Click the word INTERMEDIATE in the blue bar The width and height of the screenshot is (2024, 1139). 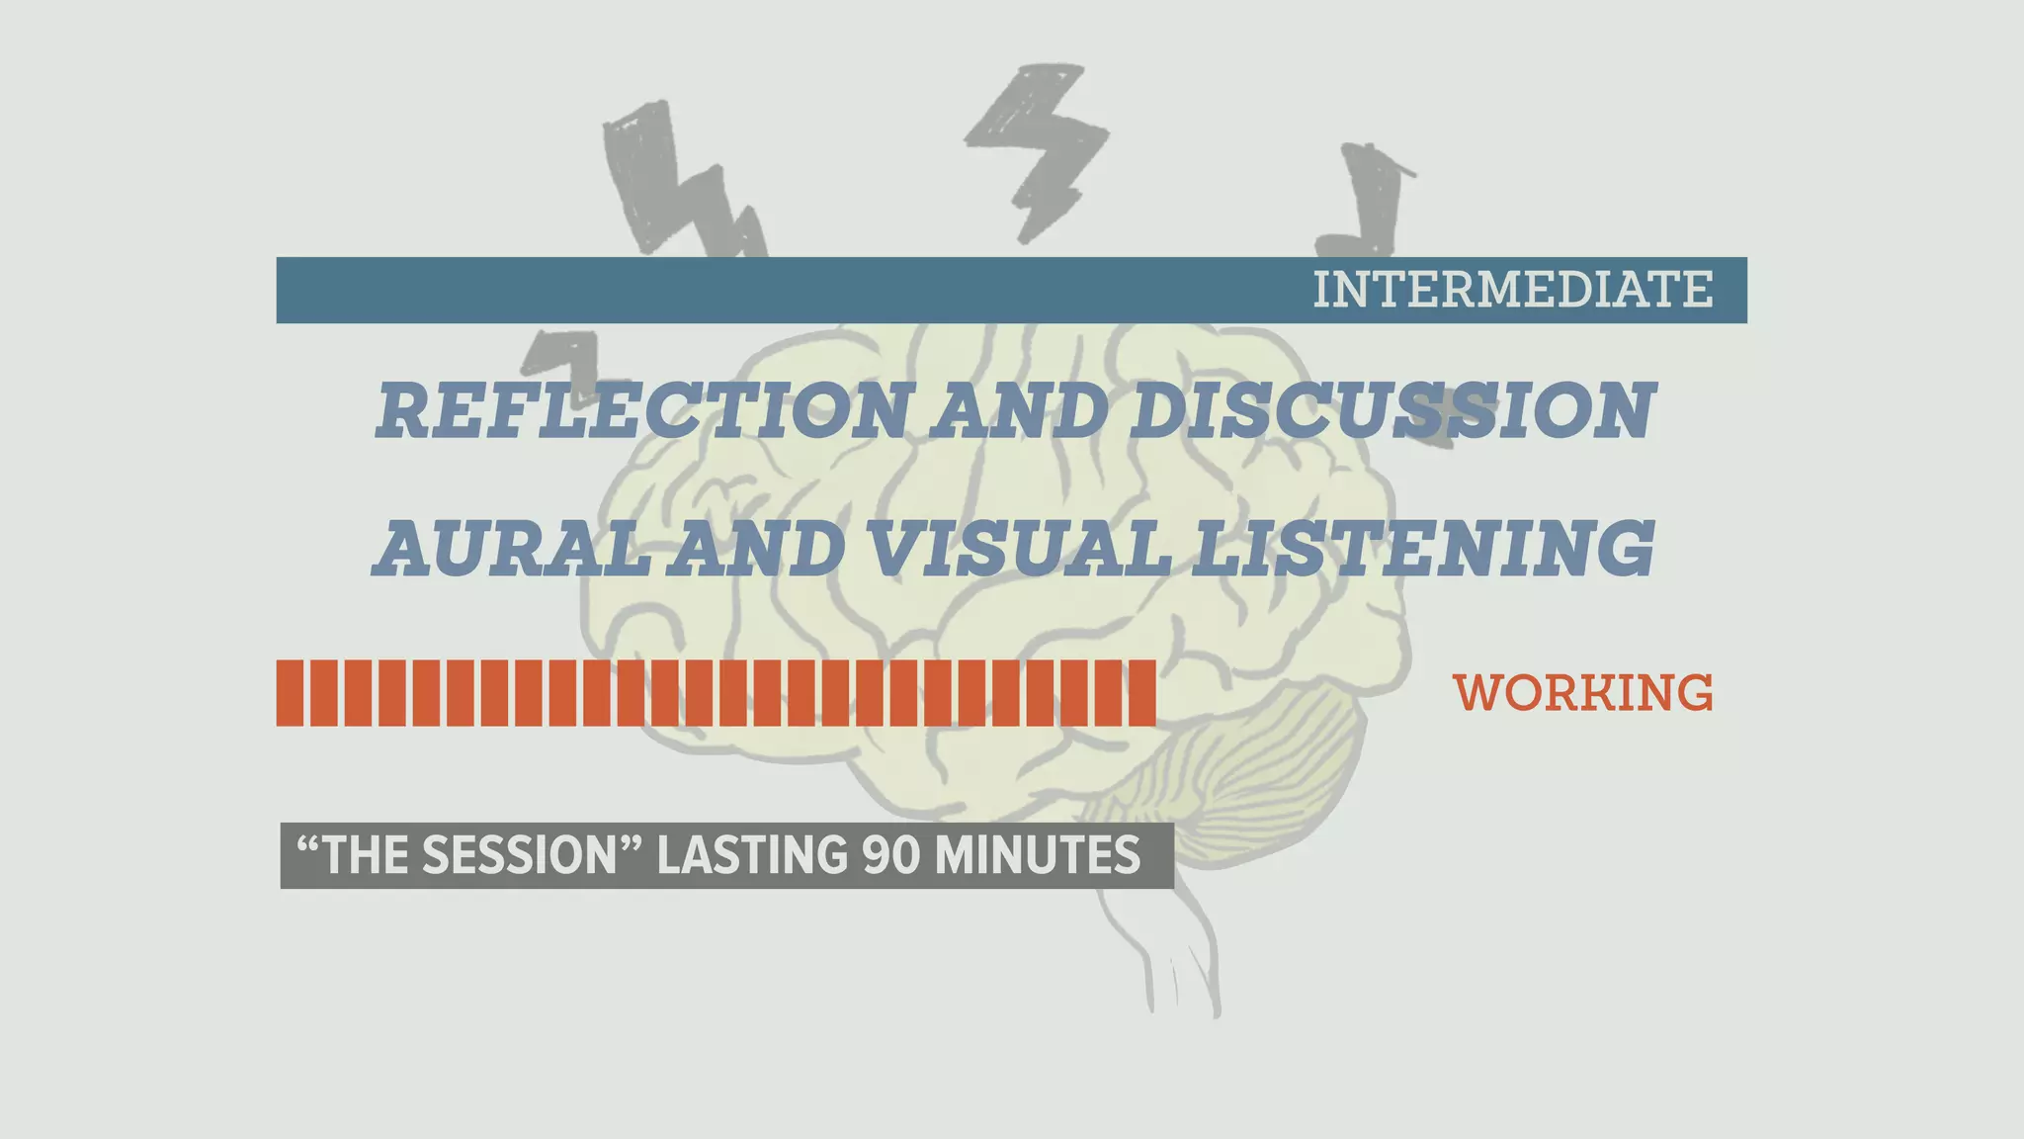pyautogui.click(x=1512, y=290)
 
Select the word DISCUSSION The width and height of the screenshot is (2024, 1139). pyautogui.click(x=1391, y=410)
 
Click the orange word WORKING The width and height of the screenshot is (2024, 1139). pyautogui.click(x=1583, y=693)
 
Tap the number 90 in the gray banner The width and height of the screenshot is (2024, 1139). pyautogui.click(x=892, y=856)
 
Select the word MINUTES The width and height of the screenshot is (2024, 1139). pyautogui.click(x=1037, y=856)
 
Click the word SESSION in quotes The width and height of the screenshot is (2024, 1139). pyautogui.click(x=519, y=856)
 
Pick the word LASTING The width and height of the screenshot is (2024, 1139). pyautogui.click(x=751, y=856)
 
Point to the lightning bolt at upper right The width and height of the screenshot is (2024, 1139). pyautogui.click(x=1369, y=198)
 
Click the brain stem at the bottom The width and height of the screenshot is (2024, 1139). pyautogui.click(x=1176, y=949)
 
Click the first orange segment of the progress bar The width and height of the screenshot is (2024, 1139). pyautogui.click(x=290, y=693)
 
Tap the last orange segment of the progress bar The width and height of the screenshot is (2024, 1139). pyautogui.click(x=1142, y=693)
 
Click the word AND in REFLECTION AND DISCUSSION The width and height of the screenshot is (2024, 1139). pyautogui.click(x=1018, y=410)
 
